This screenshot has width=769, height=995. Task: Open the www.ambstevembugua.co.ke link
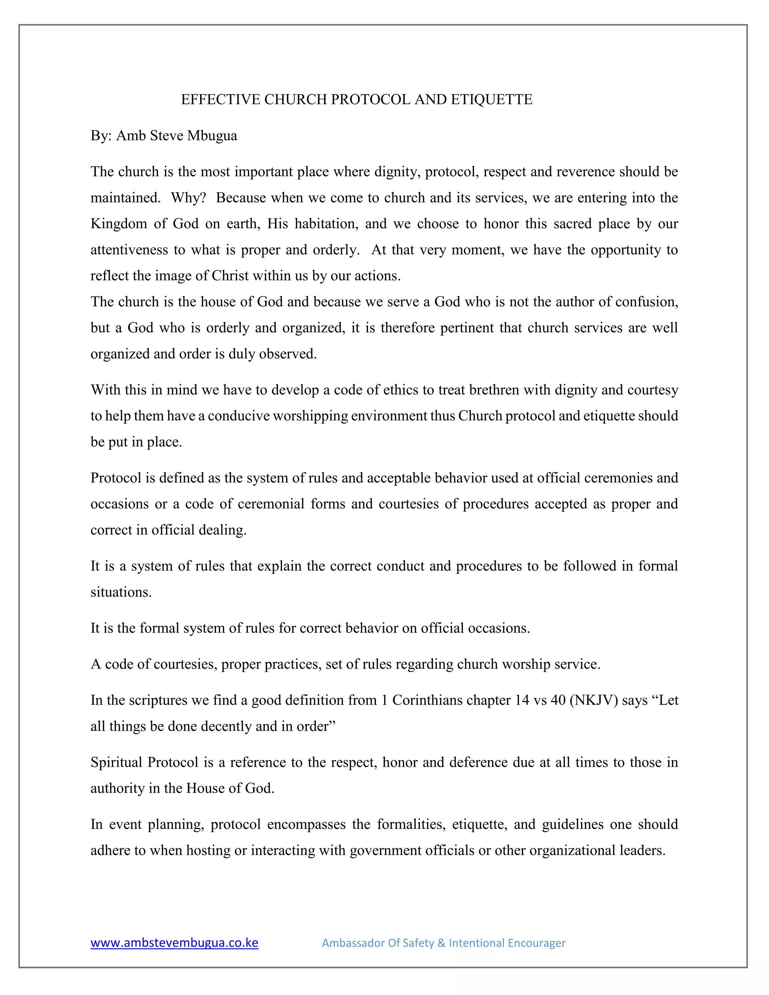pos(175,942)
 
